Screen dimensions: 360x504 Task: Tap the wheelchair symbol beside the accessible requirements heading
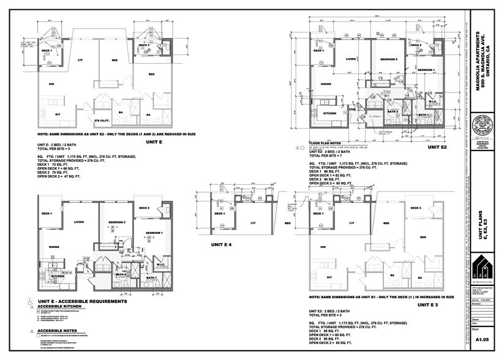click(x=29, y=302)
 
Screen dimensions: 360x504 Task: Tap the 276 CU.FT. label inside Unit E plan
click(x=101, y=121)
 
